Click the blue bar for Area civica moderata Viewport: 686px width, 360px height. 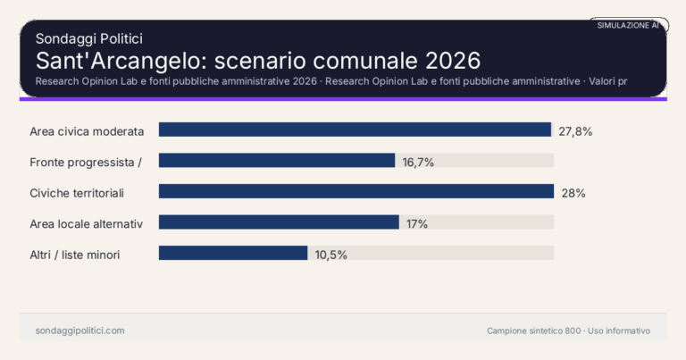(x=355, y=130)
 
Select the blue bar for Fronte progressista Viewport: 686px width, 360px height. (x=277, y=161)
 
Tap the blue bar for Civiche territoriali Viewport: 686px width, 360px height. (x=356, y=191)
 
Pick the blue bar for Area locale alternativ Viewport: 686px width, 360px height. (x=279, y=222)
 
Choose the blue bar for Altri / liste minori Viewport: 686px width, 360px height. (x=233, y=253)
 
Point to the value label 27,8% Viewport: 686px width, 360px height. (x=575, y=130)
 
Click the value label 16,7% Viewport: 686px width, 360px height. (x=418, y=162)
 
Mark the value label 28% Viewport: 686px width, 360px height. (x=573, y=192)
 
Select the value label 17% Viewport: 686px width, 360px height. (x=416, y=223)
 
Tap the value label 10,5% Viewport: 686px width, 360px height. (x=330, y=255)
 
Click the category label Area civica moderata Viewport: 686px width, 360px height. (x=87, y=130)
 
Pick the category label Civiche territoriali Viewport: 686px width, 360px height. (x=77, y=192)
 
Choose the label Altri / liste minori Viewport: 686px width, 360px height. (x=75, y=255)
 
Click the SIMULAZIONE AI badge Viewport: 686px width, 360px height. (x=628, y=26)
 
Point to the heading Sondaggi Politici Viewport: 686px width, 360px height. (x=88, y=38)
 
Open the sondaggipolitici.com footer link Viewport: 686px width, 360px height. (x=79, y=331)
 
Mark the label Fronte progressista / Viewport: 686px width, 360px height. (x=86, y=162)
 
